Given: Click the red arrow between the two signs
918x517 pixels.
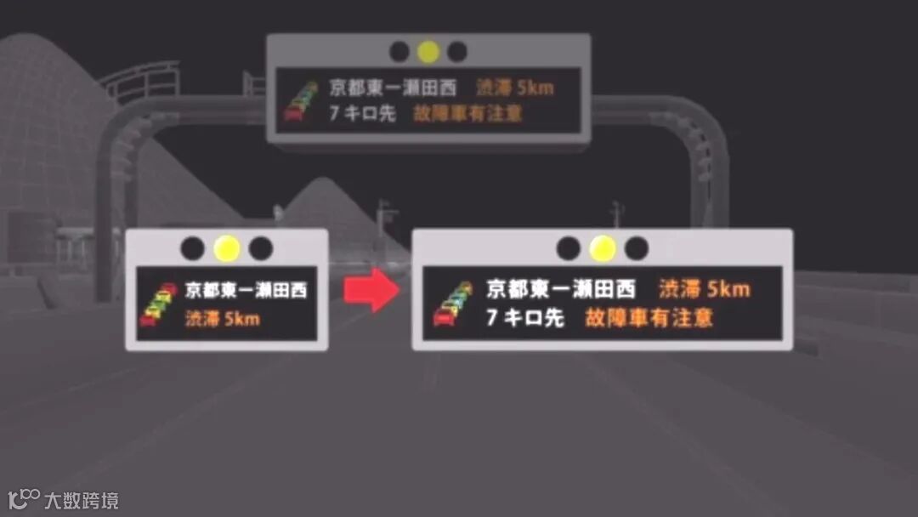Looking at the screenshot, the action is click(x=371, y=290).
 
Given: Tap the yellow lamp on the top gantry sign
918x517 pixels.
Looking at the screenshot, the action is click(x=428, y=52).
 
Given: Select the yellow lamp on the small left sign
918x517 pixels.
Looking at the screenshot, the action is click(x=227, y=248).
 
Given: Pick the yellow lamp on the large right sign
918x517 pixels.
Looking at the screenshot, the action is click(x=603, y=248).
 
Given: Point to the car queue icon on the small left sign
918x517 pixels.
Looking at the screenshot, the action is click(x=158, y=304).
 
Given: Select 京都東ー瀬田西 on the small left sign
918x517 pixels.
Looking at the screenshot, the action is click(x=246, y=290).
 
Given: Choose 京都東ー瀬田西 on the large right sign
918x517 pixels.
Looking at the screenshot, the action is click(x=561, y=289).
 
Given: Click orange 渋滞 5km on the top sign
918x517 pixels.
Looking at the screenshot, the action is click(x=515, y=88).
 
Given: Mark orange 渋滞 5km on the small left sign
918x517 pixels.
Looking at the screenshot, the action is click(x=222, y=320).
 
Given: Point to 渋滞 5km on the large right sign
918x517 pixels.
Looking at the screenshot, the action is click(x=705, y=289).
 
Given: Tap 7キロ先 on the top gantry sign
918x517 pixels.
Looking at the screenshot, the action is click(x=362, y=113).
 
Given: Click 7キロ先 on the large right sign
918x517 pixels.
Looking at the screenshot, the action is click(x=524, y=318).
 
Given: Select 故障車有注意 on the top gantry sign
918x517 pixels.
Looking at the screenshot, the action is click(x=467, y=113).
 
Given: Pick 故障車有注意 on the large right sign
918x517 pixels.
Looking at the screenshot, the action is click(x=649, y=318).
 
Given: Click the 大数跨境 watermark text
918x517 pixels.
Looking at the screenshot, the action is click(x=82, y=500).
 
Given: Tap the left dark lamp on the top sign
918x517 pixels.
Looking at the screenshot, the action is click(x=399, y=52).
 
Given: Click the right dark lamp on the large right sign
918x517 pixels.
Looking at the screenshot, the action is click(x=636, y=248).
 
